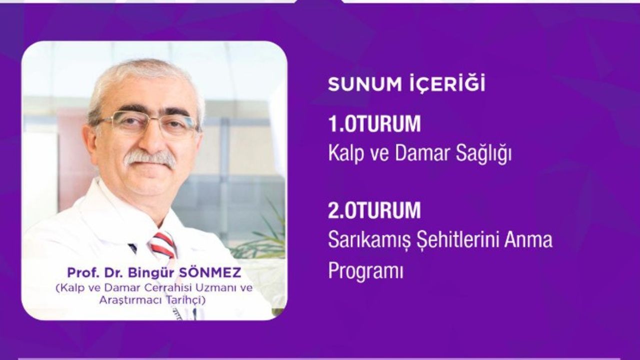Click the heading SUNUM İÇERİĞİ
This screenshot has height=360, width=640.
406,84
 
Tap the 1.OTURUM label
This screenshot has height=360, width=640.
374,125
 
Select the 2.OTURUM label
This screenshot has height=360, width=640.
374,210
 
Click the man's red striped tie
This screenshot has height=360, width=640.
163,244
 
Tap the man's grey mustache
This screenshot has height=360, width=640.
150,159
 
